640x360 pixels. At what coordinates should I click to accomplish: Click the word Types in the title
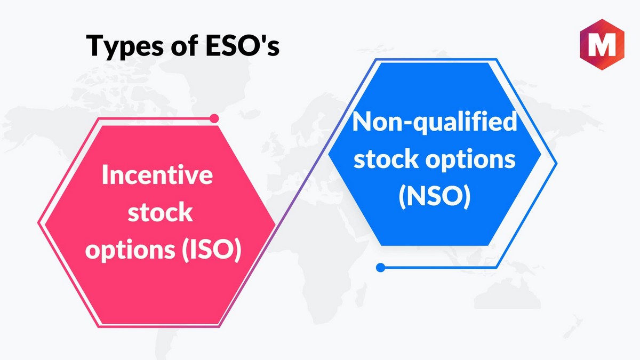(x=125, y=47)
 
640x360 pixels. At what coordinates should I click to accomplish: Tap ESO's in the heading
(x=242, y=45)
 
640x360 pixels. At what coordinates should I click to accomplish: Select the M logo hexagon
(x=602, y=45)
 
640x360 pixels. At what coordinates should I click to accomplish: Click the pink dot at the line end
(x=214, y=118)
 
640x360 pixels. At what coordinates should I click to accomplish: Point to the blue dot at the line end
(x=380, y=268)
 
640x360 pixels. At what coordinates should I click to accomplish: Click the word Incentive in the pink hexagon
(x=157, y=174)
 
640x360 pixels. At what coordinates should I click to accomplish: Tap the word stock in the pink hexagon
(x=160, y=212)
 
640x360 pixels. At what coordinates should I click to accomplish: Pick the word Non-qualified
(x=435, y=122)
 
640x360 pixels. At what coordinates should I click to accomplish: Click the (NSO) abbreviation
(x=435, y=196)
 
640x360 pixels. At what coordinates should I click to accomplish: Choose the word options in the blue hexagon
(x=470, y=159)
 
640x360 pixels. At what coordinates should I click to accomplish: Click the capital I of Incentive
(x=104, y=174)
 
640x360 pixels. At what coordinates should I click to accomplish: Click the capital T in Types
(x=95, y=45)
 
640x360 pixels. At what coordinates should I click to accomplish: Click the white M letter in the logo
(x=602, y=45)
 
